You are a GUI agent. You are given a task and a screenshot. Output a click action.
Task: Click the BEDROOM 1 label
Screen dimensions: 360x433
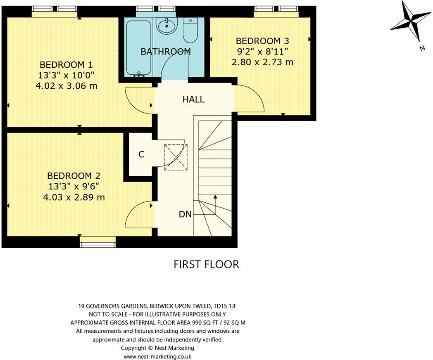(66, 65)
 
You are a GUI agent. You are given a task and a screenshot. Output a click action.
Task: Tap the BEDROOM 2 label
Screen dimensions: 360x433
(74, 176)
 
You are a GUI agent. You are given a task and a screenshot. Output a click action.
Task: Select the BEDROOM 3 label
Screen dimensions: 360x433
(262, 41)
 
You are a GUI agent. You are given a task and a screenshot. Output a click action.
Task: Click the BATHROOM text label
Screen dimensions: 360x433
(166, 52)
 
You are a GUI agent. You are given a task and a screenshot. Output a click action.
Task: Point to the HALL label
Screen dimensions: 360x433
(193, 99)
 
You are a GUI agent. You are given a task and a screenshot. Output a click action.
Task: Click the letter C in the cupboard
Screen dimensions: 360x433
(141, 155)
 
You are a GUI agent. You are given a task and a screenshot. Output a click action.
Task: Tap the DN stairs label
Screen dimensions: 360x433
(185, 214)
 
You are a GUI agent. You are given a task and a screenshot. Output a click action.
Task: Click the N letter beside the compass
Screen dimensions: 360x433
(422, 48)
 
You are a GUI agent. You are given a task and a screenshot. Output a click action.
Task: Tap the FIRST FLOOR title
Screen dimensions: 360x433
(206, 264)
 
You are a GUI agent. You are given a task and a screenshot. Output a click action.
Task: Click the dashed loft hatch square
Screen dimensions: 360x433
(175, 156)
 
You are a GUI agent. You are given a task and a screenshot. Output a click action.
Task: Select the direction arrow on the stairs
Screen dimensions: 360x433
(214, 204)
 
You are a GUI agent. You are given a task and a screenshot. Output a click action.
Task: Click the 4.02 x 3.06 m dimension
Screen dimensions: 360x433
(66, 86)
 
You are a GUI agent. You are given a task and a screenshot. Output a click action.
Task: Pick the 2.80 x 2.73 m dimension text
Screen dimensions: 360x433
(262, 62)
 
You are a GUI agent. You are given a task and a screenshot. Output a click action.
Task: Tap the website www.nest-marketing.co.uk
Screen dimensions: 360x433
(157, 356)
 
